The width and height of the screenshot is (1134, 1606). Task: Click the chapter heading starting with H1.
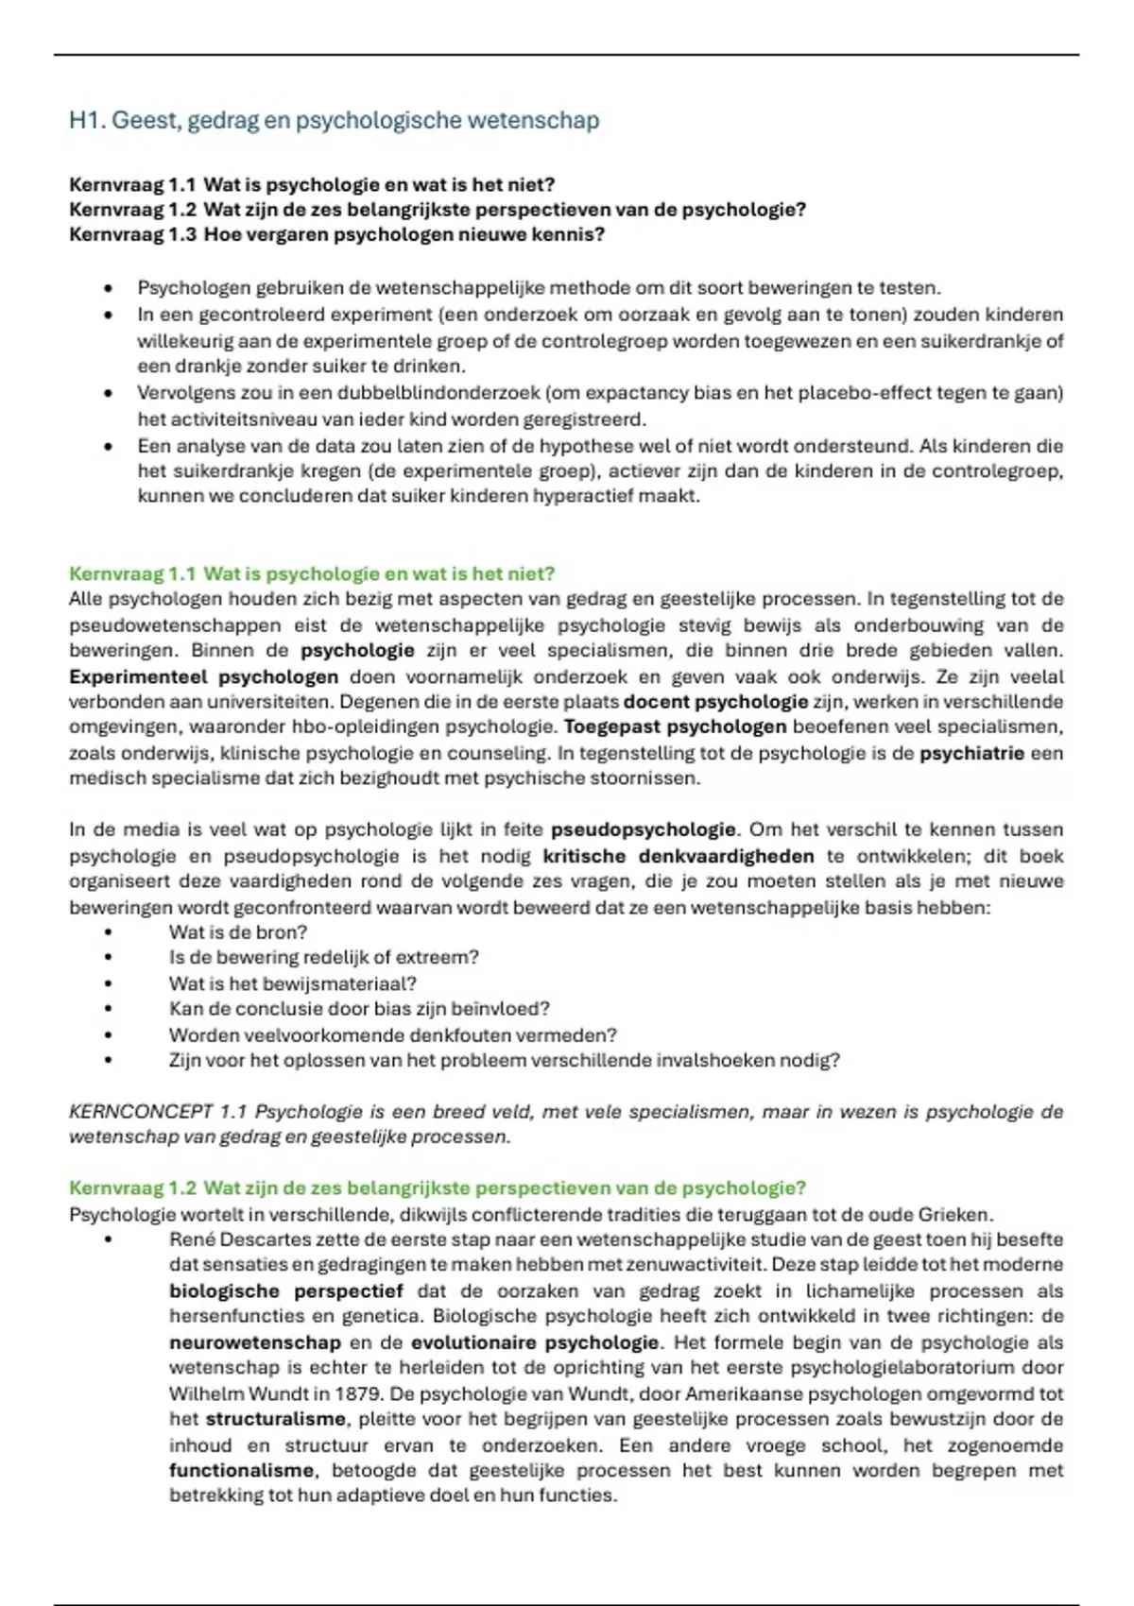[334, 121]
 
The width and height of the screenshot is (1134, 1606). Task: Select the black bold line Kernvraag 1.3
[336, 234]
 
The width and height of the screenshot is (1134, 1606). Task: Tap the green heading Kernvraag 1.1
[312, 573]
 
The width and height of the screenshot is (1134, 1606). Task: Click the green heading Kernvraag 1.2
[437, 1187]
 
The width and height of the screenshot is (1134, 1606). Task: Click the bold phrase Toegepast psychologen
[675, 726]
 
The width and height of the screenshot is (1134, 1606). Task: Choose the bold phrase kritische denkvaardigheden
[678, 856]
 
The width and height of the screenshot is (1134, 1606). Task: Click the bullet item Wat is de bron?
[238, 932]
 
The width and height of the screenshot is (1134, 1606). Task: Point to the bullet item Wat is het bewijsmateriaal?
[292, 983]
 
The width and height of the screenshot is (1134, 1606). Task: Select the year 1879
[359, 1393]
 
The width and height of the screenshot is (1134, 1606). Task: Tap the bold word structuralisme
[275, 1419]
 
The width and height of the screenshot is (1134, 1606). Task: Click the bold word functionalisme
[241, 1470]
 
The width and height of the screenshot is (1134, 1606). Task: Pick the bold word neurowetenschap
[254, 1342]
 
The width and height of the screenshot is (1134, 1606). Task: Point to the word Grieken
[959, 1215]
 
